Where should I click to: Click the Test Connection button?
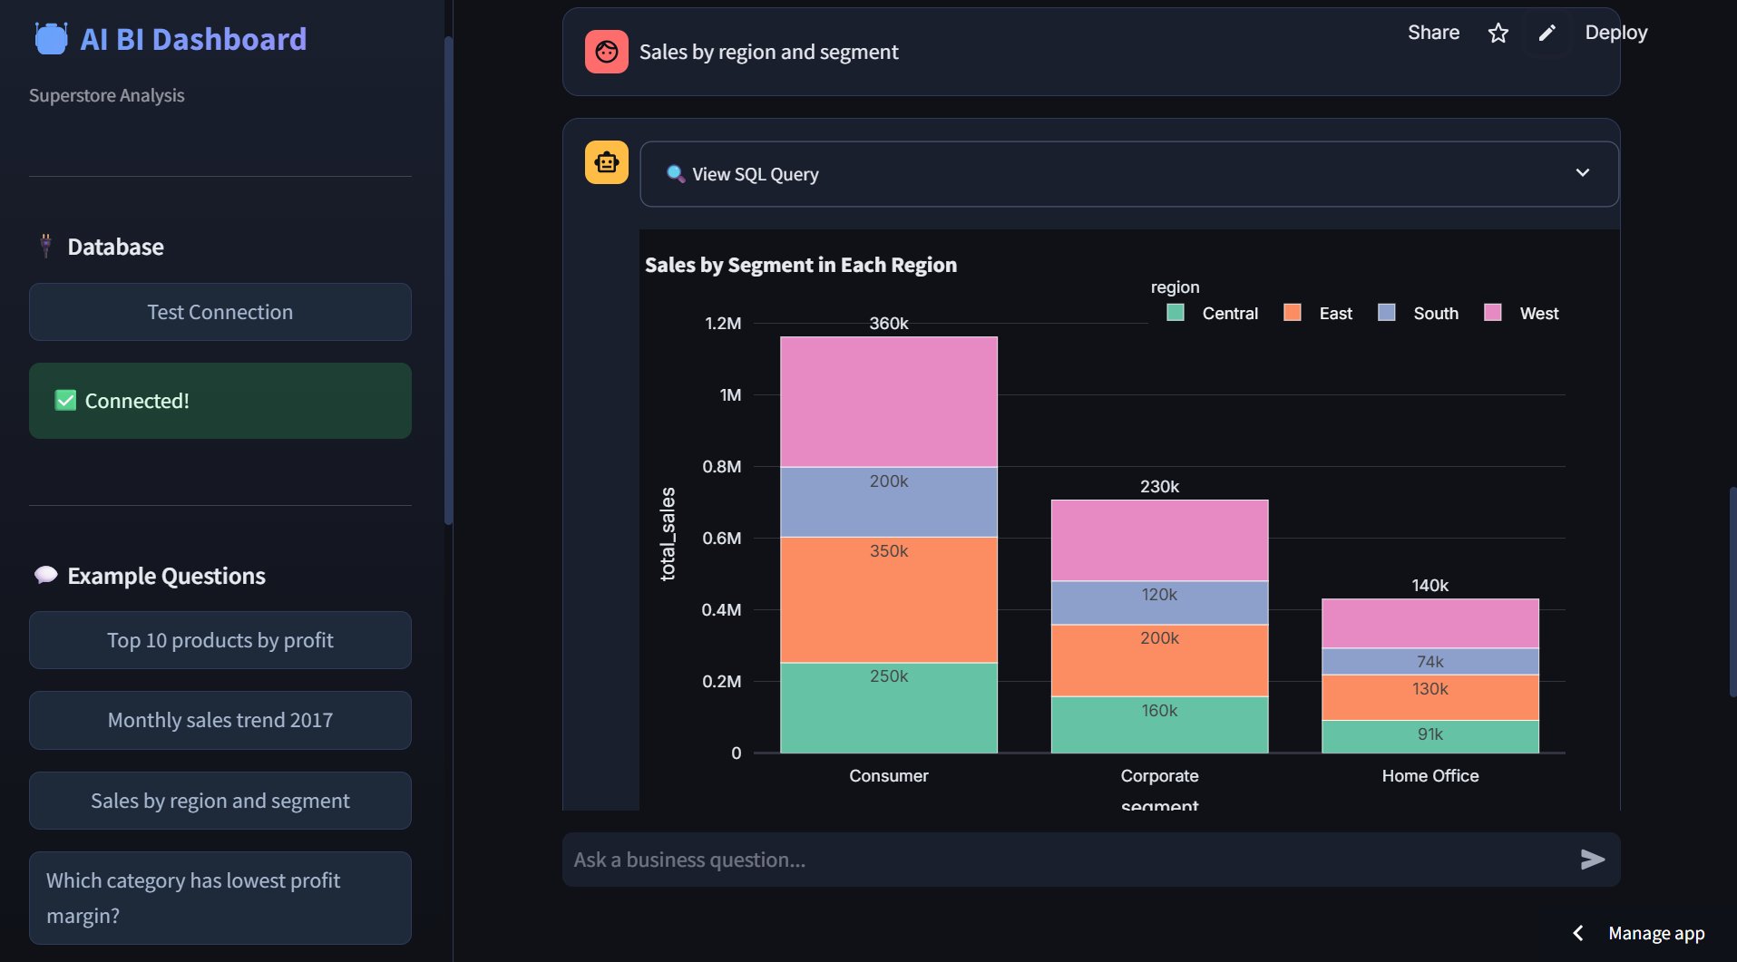pyautogui.click(x=220, y=312)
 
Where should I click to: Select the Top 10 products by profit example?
pyautogui.click(x=220, y=640)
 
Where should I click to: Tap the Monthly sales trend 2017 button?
pyautogui.click(x=220, y=720)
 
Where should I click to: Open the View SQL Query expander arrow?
pyautogui.click(x=1582, y=173)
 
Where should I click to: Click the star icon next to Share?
pyautogui.click(x=1498, y=34)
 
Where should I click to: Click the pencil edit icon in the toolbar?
pyautogui.click(x=1547, y=34)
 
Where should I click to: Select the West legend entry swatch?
pyautogui.click(x=1492, y=313)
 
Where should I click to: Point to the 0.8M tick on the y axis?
pyautogui.click(x=722, y=466)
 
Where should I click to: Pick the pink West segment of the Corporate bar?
pyautogui.click(x=1158, y=540)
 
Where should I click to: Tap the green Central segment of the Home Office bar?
pyautogui.click(x=1430, y=736)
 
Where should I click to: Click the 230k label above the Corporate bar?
pyautogui.click(x=1159, y=486)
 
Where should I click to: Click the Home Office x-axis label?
pyautogui.click(x=1430, y=775)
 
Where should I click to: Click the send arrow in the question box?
pyautogui.click(x=1592, y=860)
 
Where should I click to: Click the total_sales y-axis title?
pyautogui.click(x=668, y=533)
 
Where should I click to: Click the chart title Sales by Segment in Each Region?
pyautogui.click(x=800, y=265)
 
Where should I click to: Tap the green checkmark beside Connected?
pyautogui.click(x=65, y=401)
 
